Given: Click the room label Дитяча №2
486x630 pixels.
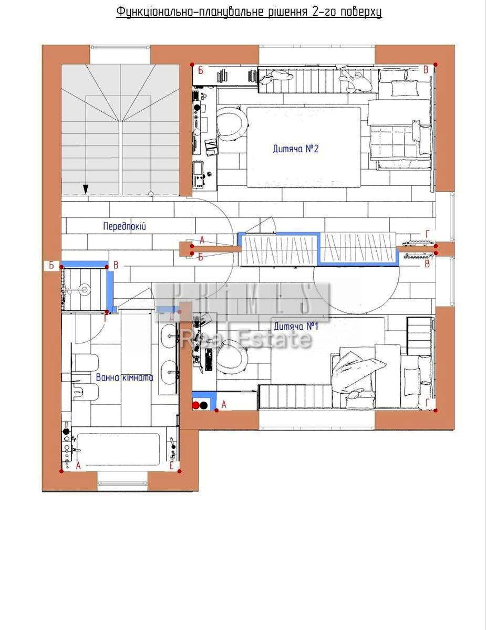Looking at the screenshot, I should coord(296,149).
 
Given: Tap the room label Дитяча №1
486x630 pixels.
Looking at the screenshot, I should coord(295,327).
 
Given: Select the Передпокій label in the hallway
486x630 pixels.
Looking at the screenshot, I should coord(124,227).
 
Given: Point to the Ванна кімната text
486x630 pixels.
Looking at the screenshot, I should coord(125,377).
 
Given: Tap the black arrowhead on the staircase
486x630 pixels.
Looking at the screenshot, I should coord(85,189).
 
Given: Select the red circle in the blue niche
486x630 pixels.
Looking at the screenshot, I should coord(196,405).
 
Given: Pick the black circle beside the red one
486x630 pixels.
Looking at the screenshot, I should coord(204,405).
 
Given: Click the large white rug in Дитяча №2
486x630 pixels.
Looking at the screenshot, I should coord(304,147).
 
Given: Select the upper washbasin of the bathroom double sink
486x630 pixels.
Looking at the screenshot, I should coord(169,332).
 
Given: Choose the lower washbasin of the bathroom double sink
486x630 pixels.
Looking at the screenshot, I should coord(169,370).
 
